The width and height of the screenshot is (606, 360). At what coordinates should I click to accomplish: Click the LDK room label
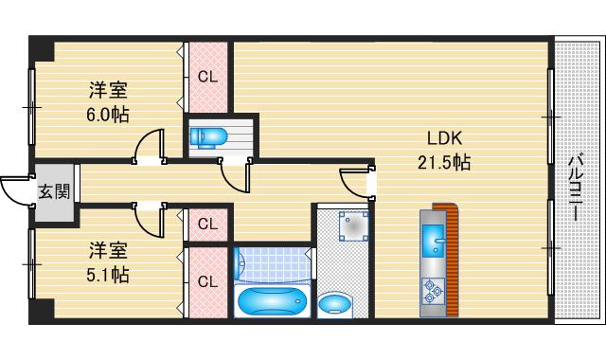pos(444,138)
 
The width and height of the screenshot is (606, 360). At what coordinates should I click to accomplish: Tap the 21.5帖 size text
pos(444,162)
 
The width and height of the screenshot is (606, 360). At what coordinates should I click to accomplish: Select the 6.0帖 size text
pos(107,115)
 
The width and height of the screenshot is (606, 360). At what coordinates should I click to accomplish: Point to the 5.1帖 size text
pos(107,275)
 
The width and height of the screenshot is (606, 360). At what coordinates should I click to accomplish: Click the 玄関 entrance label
pos(55,191)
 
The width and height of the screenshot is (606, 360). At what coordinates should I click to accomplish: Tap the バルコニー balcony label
pos(577,188)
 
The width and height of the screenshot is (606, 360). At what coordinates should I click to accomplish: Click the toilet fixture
pos(208,137)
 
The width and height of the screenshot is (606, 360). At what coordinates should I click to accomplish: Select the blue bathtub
pos(273,301)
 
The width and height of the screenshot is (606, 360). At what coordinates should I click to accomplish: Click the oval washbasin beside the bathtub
pos(334,304)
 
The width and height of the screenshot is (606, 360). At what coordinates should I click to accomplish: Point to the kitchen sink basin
pos(435,242)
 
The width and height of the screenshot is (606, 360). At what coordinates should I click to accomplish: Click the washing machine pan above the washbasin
pos(353,225)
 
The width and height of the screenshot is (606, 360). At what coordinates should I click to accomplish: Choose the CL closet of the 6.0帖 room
pos(208,78)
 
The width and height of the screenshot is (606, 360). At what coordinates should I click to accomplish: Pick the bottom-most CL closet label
pos(208,282)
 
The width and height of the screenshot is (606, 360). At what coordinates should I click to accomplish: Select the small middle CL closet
pos(208,225)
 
